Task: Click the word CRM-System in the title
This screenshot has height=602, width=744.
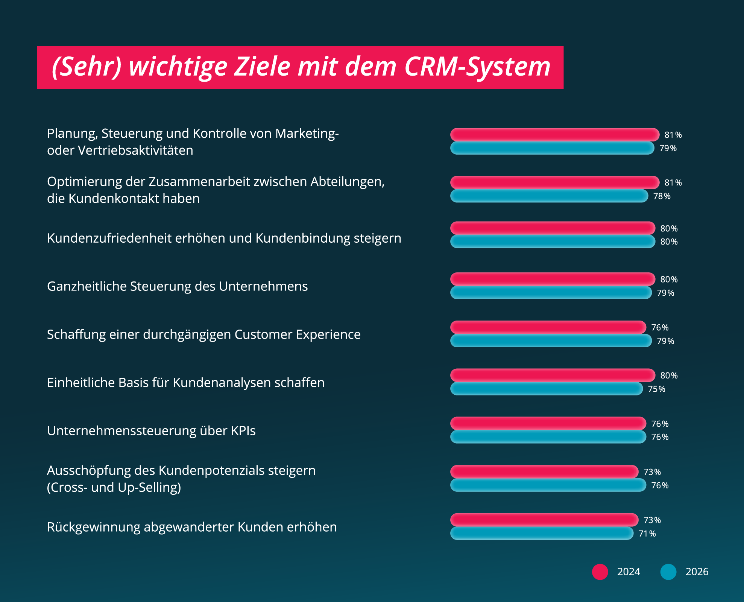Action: click(477, 67)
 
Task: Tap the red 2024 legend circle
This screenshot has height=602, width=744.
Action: click(600, 572)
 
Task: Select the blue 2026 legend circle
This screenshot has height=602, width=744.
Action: click(668, 572)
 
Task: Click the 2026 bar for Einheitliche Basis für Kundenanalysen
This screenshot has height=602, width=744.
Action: click(546, 389)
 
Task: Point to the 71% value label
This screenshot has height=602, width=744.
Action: click(647, 534)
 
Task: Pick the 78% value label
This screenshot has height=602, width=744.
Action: click(662, 196)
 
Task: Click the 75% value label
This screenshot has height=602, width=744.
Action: click(656, 389)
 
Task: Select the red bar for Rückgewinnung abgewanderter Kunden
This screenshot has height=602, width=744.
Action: click(544, 520)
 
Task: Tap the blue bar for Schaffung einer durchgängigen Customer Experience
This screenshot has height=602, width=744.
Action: click(551, 341)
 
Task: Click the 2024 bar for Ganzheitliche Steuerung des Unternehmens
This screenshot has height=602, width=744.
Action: click(553, 279)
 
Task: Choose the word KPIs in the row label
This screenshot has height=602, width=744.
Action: click(243, 431)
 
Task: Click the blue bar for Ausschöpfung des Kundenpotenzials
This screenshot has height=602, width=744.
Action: click(548, 485)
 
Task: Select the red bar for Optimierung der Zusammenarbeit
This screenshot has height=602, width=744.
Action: click(554, 182)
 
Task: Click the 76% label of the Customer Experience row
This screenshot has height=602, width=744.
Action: click(660, 328)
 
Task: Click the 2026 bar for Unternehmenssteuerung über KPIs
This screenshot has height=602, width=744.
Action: click(548, 437)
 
